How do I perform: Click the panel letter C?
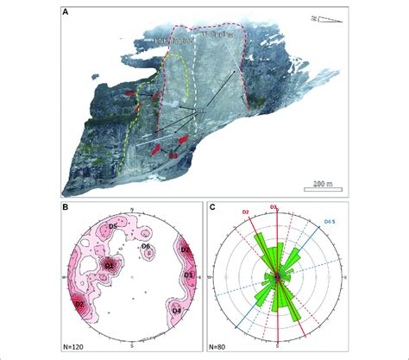213,208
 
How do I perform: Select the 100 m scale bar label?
323,183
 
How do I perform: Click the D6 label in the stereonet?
147,248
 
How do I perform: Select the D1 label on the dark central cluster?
110,266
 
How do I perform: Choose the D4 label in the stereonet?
176,309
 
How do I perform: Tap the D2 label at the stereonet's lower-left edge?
78,304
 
